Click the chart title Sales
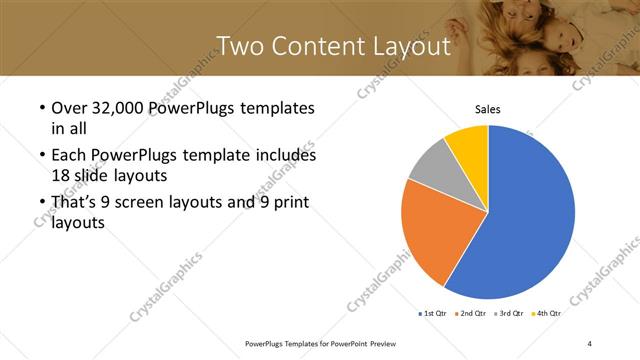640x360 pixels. (487, 110)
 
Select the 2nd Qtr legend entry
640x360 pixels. (472, 313)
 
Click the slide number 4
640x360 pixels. (590, 343)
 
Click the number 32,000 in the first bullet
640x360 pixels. (117, 108)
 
